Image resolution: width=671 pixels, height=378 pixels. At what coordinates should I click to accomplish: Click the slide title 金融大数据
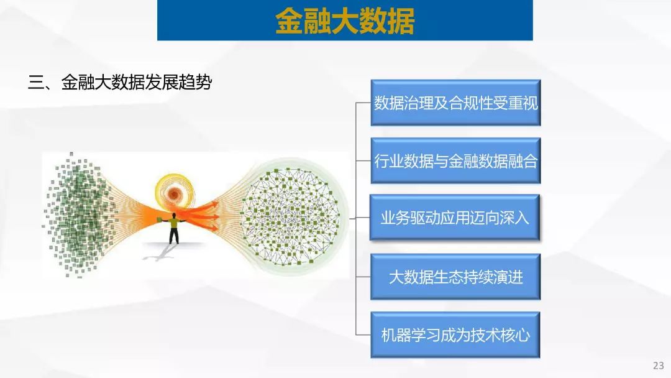click(x=345, y=21)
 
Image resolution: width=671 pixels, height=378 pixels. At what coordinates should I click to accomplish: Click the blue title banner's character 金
click(x=289, y=21)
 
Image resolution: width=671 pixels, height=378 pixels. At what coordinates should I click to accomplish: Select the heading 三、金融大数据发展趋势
click(x=120, y=82)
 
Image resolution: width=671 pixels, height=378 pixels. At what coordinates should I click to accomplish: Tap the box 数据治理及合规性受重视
click(x=456, y=103)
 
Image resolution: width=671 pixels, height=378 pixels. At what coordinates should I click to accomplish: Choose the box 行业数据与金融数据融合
click(x=456, y=161)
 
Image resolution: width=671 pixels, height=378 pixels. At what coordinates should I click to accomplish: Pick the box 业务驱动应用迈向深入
click(x=454, y=218)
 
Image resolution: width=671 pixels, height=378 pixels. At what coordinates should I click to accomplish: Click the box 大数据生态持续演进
click(x=456, y=277)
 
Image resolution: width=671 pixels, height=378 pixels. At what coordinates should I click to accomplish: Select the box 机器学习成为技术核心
click(x=455, y=334)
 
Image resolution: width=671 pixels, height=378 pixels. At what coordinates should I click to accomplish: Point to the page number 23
click(x=658, y=366)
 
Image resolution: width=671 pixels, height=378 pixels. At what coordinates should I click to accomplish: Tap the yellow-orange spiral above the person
click(x=175, y=193)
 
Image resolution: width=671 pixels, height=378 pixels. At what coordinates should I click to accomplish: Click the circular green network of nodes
click(x=291, y=216)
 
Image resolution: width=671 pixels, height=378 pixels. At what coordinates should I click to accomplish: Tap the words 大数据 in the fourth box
click(x=411, y=277)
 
